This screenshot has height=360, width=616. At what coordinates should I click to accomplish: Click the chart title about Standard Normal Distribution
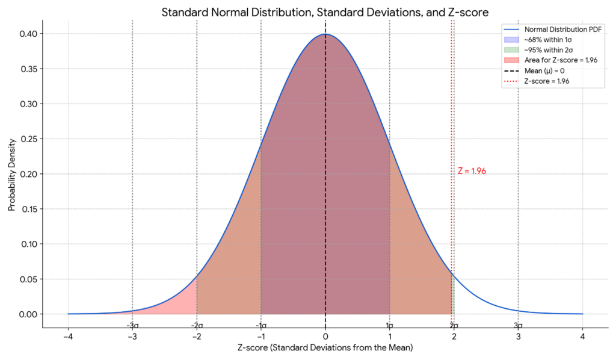pos(325,13)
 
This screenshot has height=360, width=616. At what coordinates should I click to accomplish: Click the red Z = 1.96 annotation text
pos(472,171)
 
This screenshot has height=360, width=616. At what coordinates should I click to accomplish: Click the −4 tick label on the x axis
pos(67,337)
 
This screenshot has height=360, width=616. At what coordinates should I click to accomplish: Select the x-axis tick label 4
pos(582,337)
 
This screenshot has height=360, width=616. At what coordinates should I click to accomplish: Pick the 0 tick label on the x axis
pos(325,337)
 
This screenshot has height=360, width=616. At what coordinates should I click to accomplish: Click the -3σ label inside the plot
pos(132,325)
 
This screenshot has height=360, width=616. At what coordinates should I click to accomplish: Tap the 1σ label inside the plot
pos(390,325)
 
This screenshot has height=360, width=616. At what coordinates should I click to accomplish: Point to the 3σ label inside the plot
pos(518,325)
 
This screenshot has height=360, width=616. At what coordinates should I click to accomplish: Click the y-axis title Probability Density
pos(11,174)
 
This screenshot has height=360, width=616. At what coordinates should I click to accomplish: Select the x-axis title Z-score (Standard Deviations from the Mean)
pos(325,348)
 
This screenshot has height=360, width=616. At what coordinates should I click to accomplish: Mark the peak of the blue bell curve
pos(325,34)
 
